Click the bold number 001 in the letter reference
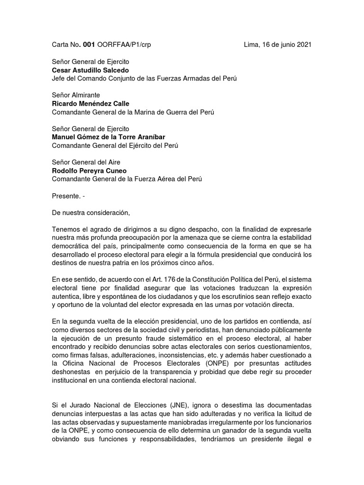pos(89,45)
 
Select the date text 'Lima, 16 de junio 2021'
pos(277,45)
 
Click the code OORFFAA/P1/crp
pos(124,45)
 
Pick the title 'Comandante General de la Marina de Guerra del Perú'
pos(132,112)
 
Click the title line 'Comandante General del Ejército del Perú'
pos(115,145)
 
